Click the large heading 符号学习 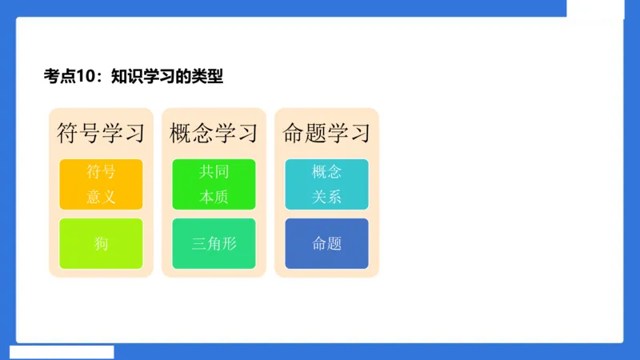click(x=101, y=132)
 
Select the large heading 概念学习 click(x=214, y=132)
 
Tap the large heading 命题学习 click(x=326, y=132)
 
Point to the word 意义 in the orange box click(x=101, y=197)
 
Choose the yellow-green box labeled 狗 click(x=101, y=244)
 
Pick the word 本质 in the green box click(x=214, y=197)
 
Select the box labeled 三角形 click(x=214, y=244)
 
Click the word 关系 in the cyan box click(x=326, y=197)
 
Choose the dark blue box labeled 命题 click(x=326, y=244)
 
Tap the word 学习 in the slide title click(x=158, y=77)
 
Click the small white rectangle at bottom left click(x=62, y=352)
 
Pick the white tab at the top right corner click(x=595, y=8)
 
